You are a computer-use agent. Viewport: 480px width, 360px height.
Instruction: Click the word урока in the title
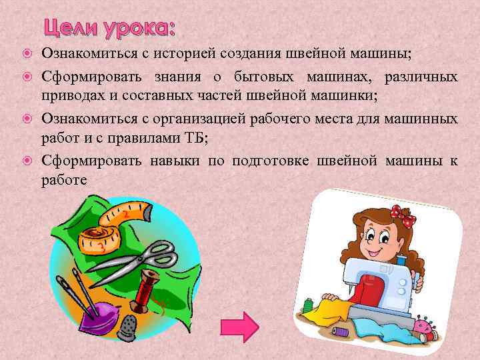click(x=139, y=29)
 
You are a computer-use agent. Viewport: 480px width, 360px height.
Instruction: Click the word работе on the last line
click(x=64, y=180)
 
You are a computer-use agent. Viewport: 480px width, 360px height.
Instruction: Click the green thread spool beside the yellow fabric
click(x=307, y=306)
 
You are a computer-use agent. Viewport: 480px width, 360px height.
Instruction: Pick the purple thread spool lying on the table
click(x=339, y=331)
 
